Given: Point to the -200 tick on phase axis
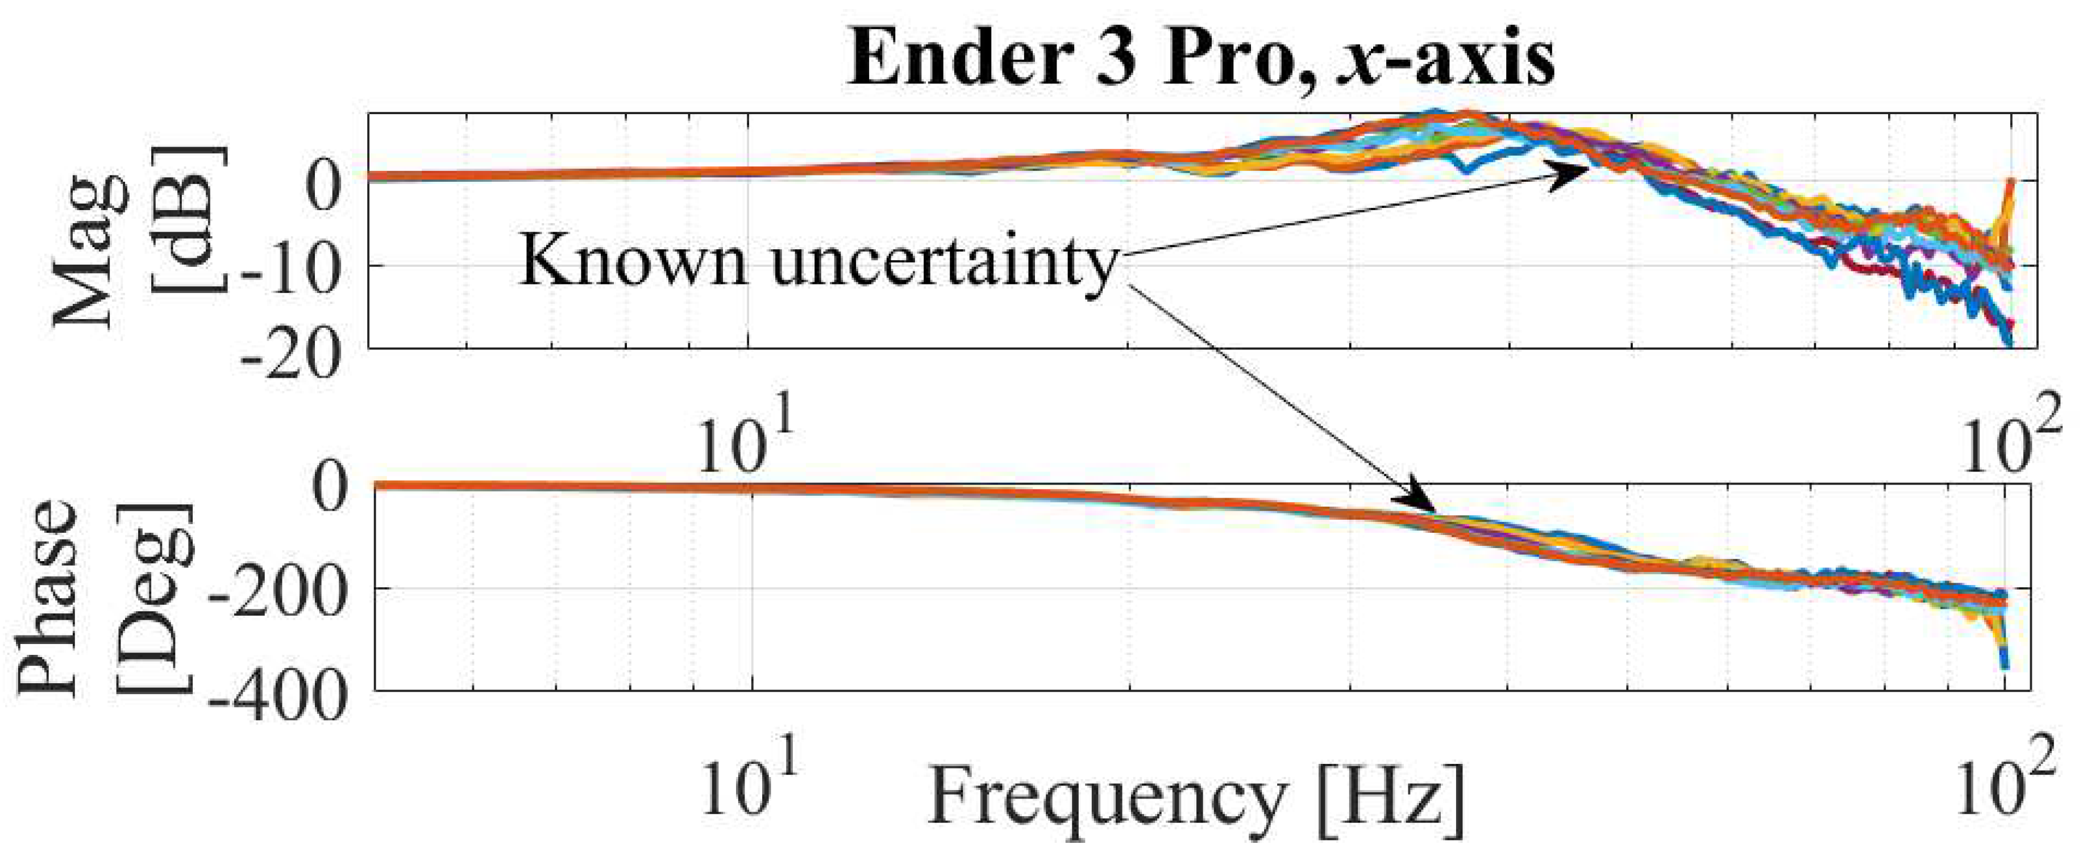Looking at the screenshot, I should (x=276, y=599).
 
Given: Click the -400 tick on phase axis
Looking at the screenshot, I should (x=276, y=698).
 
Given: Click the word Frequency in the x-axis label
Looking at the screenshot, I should (x=1107, y=797).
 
